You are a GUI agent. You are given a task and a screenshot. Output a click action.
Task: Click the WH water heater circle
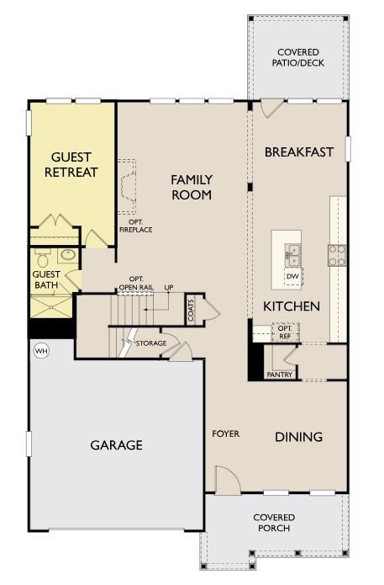tap(42, 351)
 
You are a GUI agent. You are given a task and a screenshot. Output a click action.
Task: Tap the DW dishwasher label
tap(292, 276)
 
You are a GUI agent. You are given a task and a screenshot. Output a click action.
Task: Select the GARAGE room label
tap(117, 444)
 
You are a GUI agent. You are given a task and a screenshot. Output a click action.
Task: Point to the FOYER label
tap(226, 433)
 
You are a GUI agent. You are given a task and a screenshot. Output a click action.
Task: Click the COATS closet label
tap(191, 310)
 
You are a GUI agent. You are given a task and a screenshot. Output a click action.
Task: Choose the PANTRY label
tap(280, 375)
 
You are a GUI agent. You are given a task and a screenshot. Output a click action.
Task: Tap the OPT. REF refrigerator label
tap(285, 332)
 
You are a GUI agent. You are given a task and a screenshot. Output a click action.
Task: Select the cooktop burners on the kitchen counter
tap(337, 255)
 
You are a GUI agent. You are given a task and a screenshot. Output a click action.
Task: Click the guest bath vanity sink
tap(68, 255)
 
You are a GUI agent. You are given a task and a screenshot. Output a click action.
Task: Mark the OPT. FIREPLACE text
tap(135, 226)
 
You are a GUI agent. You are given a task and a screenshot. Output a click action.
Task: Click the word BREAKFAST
tap(298, 152)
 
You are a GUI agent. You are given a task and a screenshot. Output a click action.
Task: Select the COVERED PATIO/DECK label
tap(298, 57)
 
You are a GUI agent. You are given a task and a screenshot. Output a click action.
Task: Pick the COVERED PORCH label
tap(274, 523)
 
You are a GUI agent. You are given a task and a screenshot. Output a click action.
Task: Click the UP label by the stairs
tap(169, 288)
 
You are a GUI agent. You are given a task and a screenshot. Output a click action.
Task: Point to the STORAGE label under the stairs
tap(151, 343)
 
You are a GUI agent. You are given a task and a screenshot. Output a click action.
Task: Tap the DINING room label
tap(298, 437)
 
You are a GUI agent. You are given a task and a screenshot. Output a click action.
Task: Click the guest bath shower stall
tap(51, 306)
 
